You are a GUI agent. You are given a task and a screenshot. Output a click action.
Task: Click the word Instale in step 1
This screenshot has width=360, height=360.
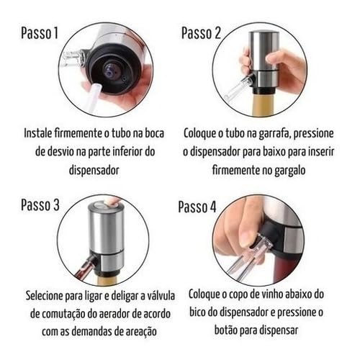pyautogui.click(x=39, y=134)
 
